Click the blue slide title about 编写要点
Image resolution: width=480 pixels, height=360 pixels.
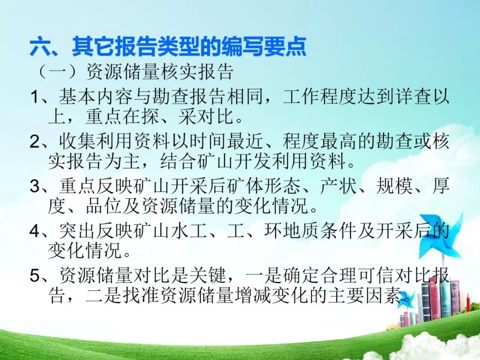point(168,47)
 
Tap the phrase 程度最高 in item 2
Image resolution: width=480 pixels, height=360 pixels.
point(320,141)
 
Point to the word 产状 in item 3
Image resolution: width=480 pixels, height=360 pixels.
point(338,186)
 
